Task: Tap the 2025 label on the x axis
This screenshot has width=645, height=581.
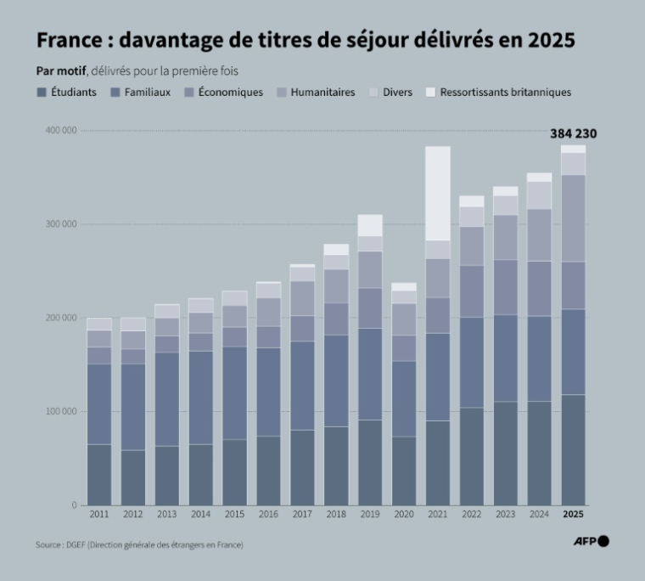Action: tap(574, 515)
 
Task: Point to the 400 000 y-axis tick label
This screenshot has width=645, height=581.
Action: tap(60, 131)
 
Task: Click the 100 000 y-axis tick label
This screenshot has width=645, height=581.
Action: tap(60, 412)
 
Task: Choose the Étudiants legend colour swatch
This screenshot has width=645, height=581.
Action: tap(42, 93)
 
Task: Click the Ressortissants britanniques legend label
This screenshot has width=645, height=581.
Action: tap(505, 93)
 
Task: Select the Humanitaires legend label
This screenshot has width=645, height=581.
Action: tap(322, 93)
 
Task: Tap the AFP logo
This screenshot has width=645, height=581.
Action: tap(592, 542)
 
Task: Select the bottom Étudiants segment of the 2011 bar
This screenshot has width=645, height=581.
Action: tap(99, 475)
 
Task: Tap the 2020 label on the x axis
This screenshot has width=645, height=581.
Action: tap(404, 515)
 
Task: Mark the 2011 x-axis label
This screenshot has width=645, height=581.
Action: tap(99, 515)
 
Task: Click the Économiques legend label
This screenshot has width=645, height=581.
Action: tap(231, 93)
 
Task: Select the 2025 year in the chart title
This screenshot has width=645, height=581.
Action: tap(549, 41)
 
